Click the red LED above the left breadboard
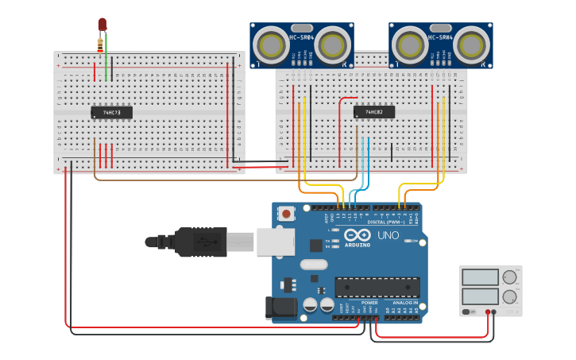coord(102,25)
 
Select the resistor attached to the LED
coord(99,44)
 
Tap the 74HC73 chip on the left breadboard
coord(111,113)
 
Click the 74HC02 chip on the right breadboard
coord(373,112)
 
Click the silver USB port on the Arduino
coord(275,241)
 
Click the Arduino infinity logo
coord(357,235)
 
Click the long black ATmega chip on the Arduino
coord(377,287)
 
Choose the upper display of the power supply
coord(480,277)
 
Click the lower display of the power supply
coord(480,297)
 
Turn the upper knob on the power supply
coord(508,277)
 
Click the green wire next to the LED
coord(106,56)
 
